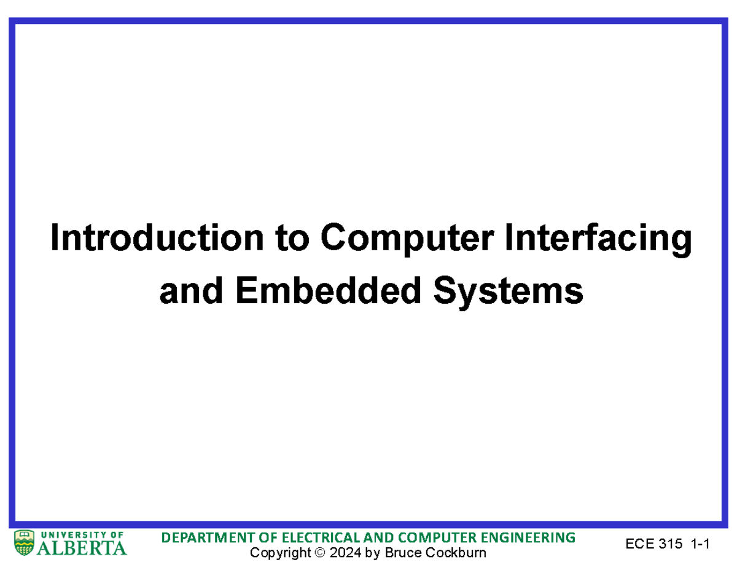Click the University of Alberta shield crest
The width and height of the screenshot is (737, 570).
point(24,543)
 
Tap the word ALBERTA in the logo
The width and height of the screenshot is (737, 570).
point(82,547)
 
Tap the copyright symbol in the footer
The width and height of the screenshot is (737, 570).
point(318,553)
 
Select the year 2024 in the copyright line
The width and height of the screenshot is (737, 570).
point(345,553)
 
